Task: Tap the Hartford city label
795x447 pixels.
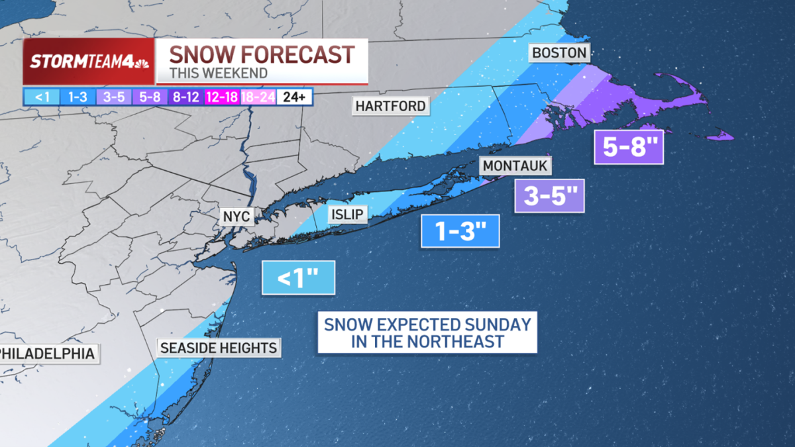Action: point(390,106)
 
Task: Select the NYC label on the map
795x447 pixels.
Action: point(237,217)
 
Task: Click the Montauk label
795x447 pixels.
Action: point(515,166)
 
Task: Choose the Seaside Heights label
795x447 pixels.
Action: point(219,348)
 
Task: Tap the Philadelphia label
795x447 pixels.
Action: point(48,354)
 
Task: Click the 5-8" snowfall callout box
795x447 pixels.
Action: point(628,146)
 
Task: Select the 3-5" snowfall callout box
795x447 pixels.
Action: point(549,196)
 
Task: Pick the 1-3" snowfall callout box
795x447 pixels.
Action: point(460,231)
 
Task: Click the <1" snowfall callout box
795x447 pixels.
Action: point(298,278)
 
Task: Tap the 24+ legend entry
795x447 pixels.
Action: point(295,97)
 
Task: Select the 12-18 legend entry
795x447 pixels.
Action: point(223,97)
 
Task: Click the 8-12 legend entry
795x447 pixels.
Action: point(187,97)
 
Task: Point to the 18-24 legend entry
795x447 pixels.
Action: point(258,97)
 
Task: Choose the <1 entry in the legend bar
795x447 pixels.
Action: point(42,97)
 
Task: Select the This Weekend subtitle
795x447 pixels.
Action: point(219,74)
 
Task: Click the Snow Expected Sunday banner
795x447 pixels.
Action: point(427,333)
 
